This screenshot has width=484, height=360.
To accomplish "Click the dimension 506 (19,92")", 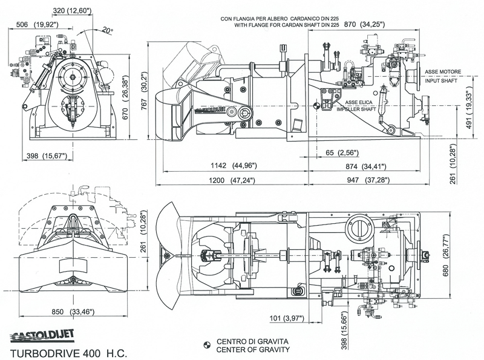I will coord(34,25).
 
